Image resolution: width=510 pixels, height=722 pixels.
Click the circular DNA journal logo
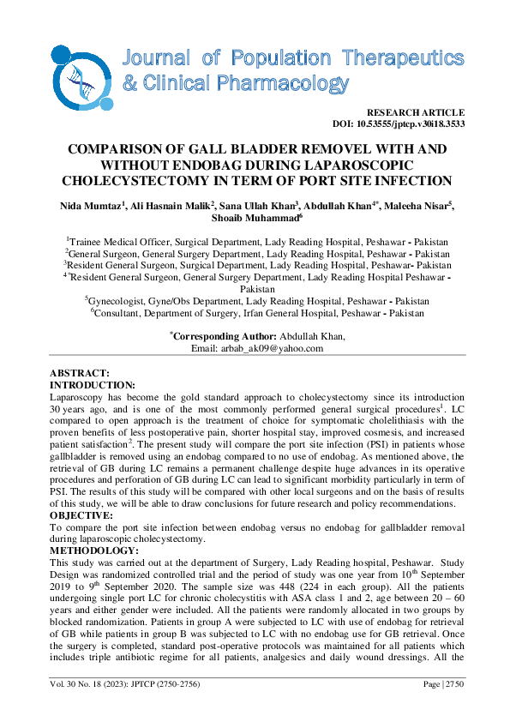pyautogui.click(x=81, y=77)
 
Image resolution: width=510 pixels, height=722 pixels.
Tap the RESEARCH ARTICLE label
pyautogui.click(x=415, y=112)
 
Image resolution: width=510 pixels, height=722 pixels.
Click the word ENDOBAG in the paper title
pyautogui.click(x=219, y=164)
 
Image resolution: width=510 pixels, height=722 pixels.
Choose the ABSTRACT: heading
pyautogui.click(x=79, y=374)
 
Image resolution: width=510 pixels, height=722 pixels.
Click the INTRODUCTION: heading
pyautogui.click(x=93, y=385)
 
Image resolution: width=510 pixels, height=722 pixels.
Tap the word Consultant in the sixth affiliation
pyautogui.click(x=120, y=314)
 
